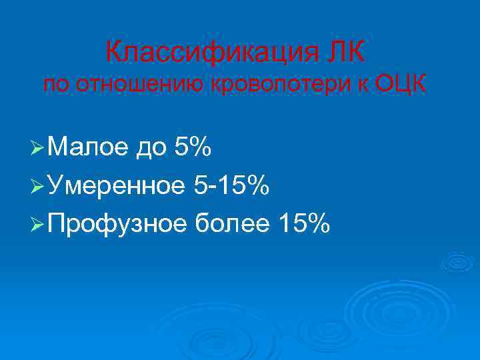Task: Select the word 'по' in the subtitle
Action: coord(57,85)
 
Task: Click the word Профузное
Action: coord(117,226)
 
